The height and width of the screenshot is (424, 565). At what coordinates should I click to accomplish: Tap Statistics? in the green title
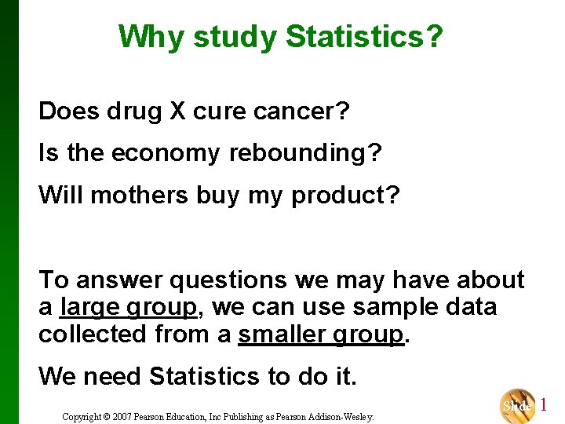pos(364,36)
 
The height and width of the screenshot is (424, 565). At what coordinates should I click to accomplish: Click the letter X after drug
pos(177,111)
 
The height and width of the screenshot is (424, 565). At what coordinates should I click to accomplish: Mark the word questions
pos(222,280)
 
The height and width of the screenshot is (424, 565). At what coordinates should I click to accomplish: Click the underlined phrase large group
pos(129,307)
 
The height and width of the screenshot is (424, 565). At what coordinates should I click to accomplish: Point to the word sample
pos(390,307)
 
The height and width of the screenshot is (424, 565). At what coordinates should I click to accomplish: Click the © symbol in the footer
pos(108,416)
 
